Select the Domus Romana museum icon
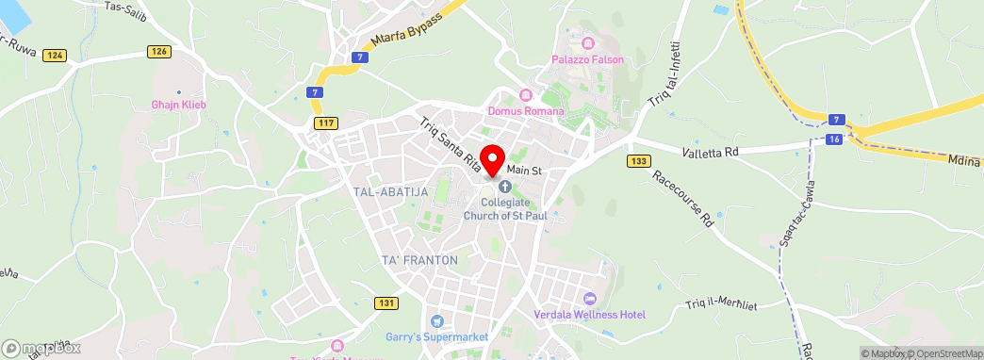526,95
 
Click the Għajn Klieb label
178,105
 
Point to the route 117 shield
327,123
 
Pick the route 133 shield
638,161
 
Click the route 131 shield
385,303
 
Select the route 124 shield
55,56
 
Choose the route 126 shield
158,51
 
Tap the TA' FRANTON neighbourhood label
419,259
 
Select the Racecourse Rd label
683,199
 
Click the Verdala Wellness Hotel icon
591,299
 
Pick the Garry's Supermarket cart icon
435,321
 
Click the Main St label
524,170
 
